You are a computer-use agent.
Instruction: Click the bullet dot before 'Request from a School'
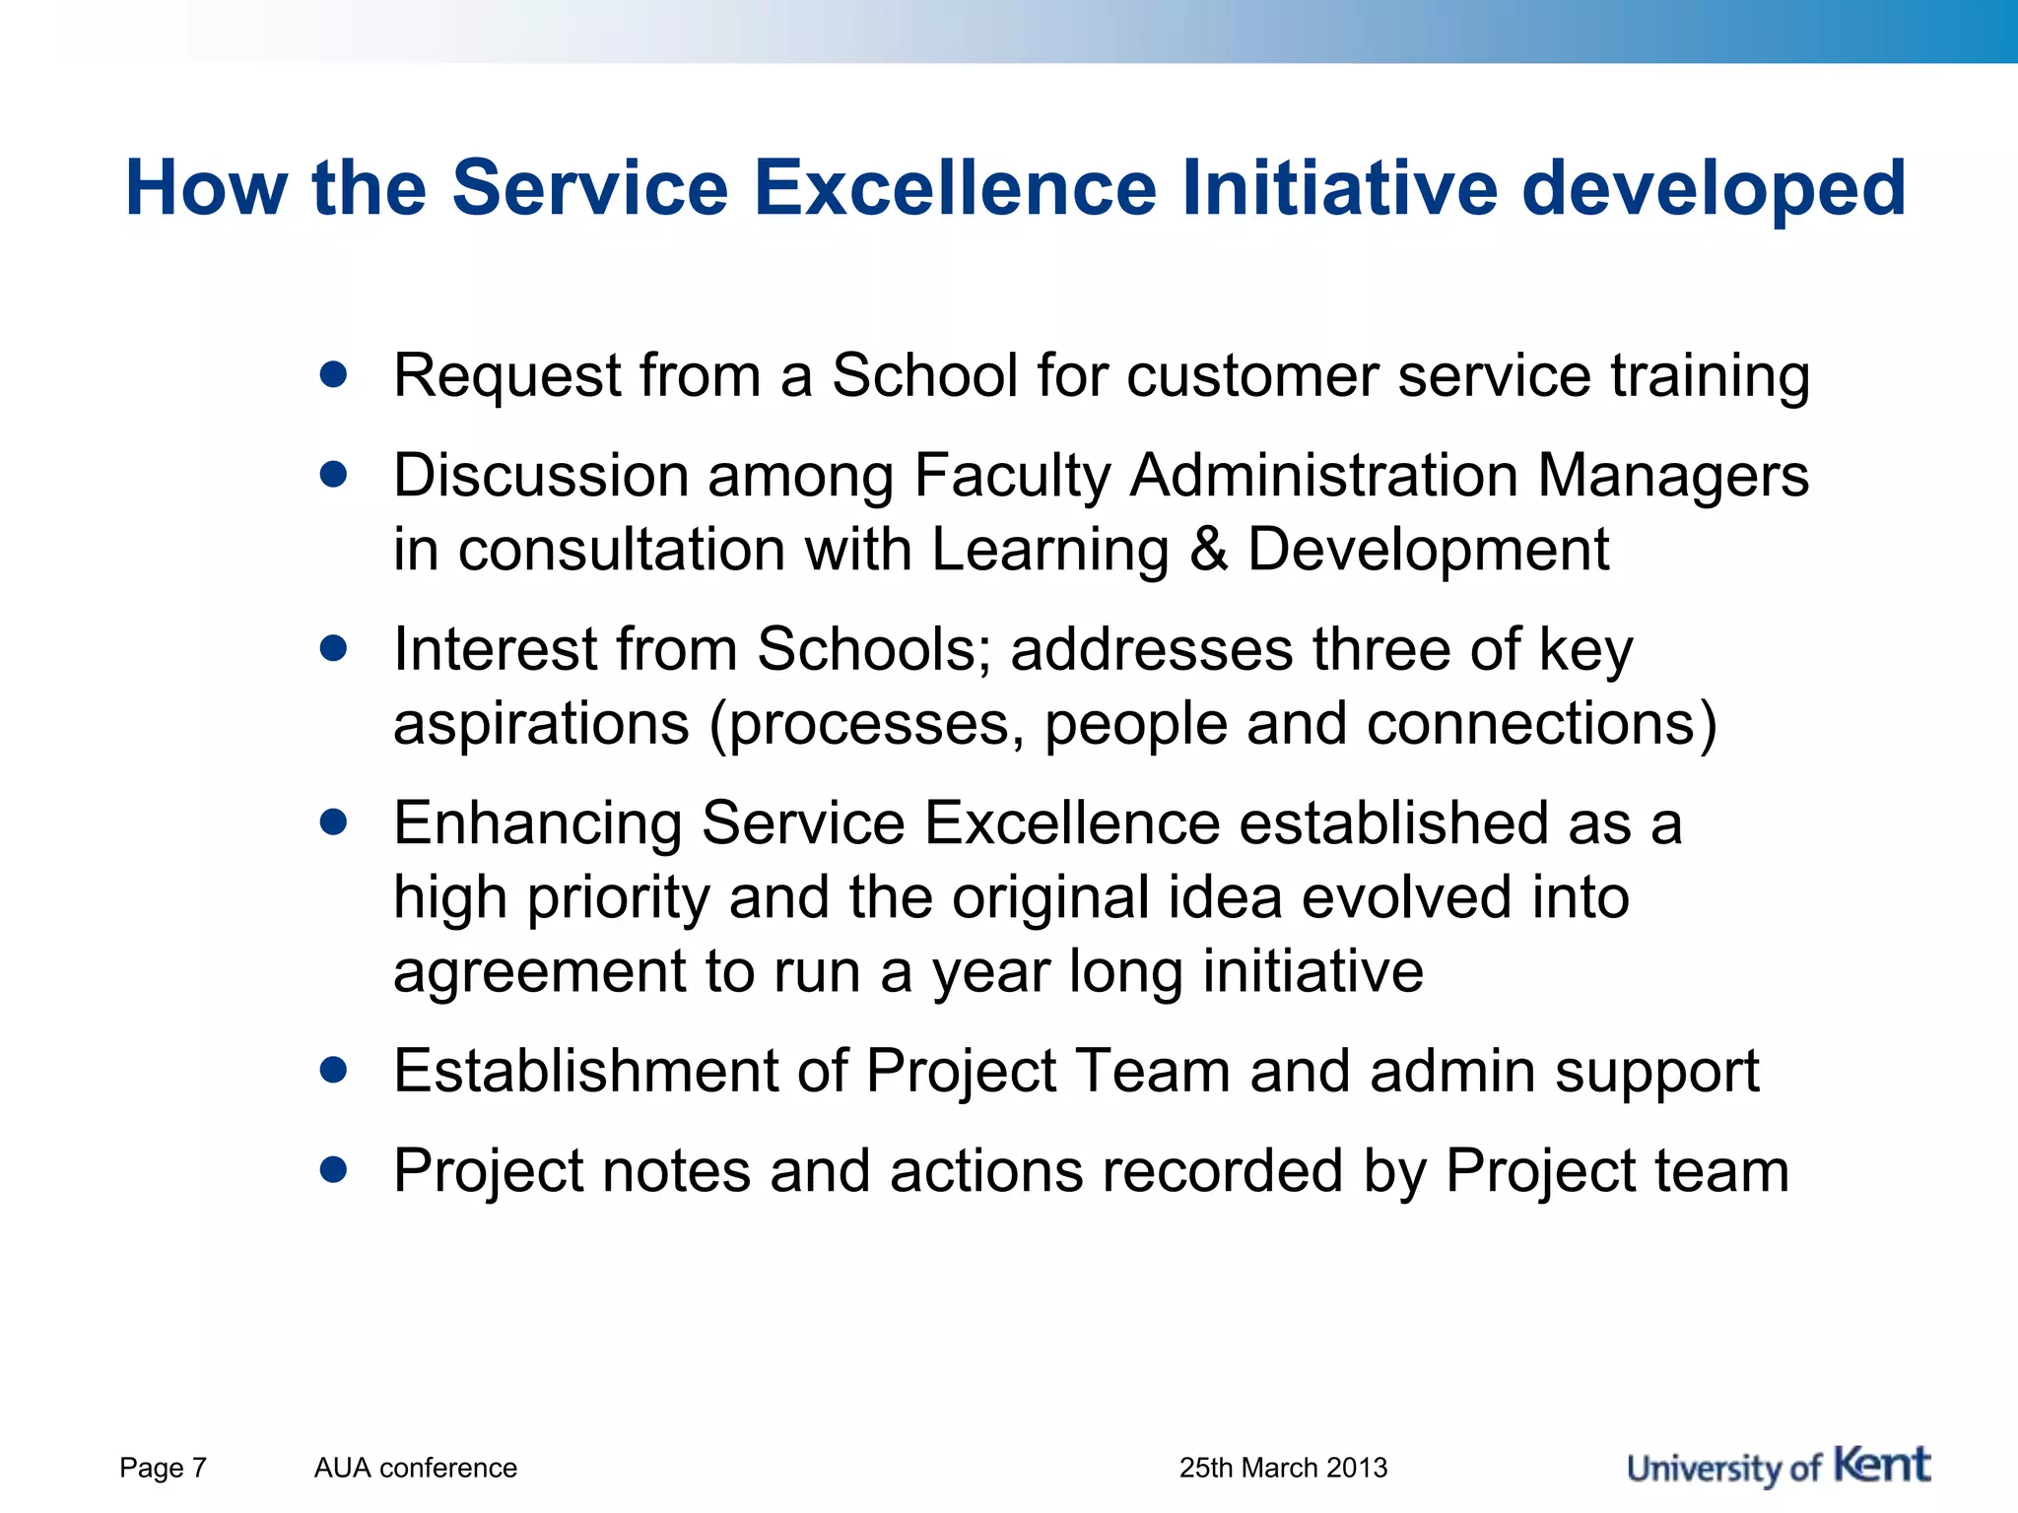click(x=334, y=374)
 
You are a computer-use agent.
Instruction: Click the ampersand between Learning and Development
click(x=1209, y=550)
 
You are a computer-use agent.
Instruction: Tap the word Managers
click(x=1672, y=477)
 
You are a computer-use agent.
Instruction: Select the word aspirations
click(x=541, y=725)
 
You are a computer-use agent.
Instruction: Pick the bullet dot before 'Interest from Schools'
click(x=334, y=648)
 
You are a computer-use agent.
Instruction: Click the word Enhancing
click(x=537, y=824)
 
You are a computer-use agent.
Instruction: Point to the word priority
click(x=618, y=899)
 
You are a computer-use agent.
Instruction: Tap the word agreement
click(x=539, y=973)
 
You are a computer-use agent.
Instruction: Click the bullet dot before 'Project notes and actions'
click(x=334, y=1169)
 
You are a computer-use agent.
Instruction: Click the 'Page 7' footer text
click(x=163, y=1468)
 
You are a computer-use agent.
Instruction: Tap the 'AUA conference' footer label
click(x=415, y=1468)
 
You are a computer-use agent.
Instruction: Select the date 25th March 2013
click(x=1283, y=1468)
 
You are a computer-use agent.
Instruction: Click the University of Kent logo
click(x=1779, y=1467)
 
